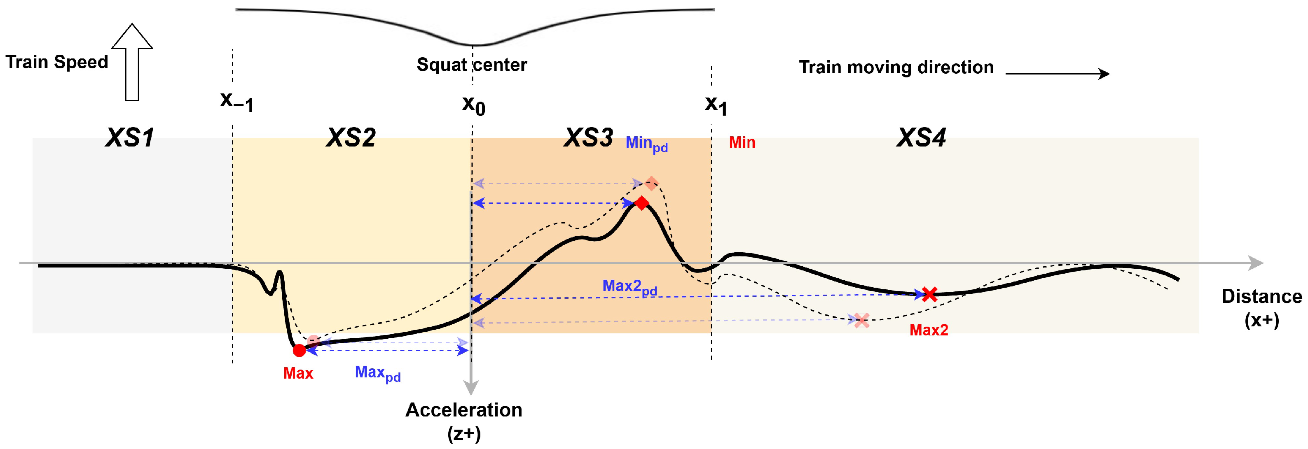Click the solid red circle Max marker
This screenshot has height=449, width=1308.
[299, 350]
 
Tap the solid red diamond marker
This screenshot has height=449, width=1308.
[642, 203]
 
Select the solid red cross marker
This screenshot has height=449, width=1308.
[929, 294]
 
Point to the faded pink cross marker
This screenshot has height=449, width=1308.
[861, 320]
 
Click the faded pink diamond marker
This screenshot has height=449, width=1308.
[651, 183]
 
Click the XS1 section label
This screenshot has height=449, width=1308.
[130, 137]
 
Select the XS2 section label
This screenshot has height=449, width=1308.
[351, 137]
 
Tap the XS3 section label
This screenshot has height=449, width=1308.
[589, 137]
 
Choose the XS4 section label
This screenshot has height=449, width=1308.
[921, 137]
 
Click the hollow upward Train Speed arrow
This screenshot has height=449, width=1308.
[132, 62]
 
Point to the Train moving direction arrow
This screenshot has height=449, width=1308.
[1057, 74]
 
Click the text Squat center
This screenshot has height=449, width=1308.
[472, 65]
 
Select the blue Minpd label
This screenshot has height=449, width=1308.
[646, 144]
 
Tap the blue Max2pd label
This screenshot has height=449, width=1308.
[629, 287]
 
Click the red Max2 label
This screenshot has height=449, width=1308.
[928, 330]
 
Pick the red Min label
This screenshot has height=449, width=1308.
[742, 142]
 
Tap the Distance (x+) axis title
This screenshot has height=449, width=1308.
[1261, 308]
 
